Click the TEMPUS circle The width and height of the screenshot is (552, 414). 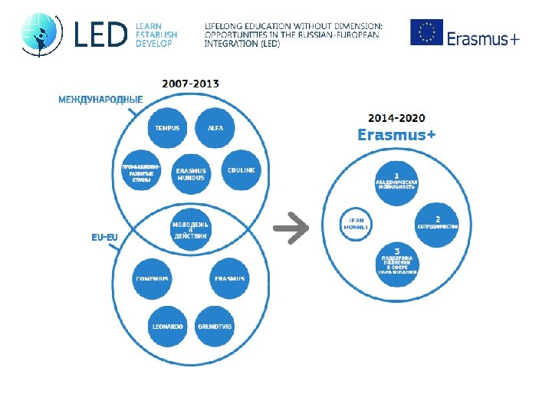click(x=167, y=128)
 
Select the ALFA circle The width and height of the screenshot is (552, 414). click(x=215, y=128)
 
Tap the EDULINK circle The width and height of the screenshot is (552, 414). click(x=242, y=169)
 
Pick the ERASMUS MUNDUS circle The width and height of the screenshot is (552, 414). click(x=191, y=174)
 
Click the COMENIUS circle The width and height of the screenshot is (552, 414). click(x=152, y=278)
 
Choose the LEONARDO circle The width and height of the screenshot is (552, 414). click(x=167, y=327)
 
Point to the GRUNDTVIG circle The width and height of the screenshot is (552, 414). click(x=215, y=327)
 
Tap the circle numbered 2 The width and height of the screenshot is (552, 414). click(x=437, y=224)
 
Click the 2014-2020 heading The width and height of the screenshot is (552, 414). click(x=397, y=118)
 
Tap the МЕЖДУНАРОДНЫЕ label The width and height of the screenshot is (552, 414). click(x=100, y=99)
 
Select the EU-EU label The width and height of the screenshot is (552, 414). click(x=105, y=237)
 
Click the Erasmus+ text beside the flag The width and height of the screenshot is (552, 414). click(x=483, y=38)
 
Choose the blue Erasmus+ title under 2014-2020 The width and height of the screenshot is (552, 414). click(x=397, y=135)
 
